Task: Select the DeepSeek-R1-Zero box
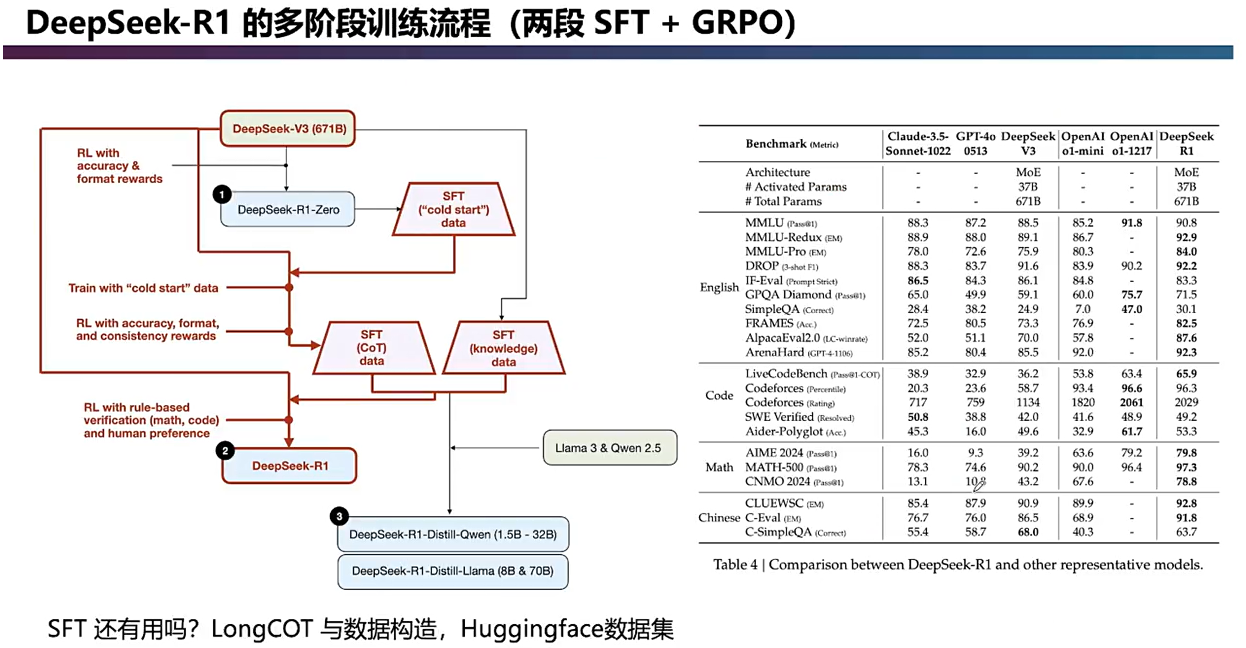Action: coord(288,210)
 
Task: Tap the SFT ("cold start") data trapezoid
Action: coord(453,210)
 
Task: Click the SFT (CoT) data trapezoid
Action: coord(372,348)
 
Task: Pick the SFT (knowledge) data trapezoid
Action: coord(503,348)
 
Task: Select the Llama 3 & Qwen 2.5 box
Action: coord(609,448)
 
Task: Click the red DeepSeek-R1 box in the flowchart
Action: coord(290,466)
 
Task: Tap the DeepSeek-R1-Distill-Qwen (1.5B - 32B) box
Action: coord(453,534)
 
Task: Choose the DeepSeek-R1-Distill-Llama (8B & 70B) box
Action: coord(453,571)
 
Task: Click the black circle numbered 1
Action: coord(222,195)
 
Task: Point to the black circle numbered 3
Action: coord(339,516)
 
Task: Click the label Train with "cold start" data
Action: coord(143,288)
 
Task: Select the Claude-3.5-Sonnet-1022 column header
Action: coord(918,144)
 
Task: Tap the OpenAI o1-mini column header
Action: coord(1083,144)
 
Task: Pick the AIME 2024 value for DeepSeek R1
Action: coord(1186,453)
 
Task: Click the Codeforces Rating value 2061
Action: coord(1131,403)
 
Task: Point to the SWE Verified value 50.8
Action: coord(918,417)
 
